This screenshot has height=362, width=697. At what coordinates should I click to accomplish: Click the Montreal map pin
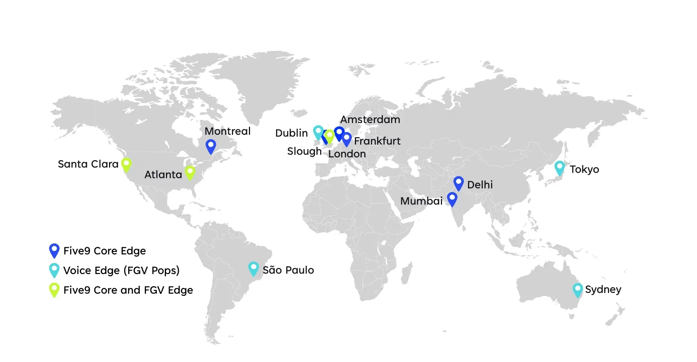pyautogui.click(x=211, y=146)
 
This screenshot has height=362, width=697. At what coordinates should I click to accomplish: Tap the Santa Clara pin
pyautogui.click(x=126, y=165)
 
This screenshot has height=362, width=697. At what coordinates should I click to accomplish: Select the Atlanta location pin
pyautogui.click(x=190, y=172)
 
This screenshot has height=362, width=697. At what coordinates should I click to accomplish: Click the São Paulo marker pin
pyautogui.click(x=253, y=268)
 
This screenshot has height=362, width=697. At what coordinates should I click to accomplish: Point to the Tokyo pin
pyautogui.click(x=560, y=167)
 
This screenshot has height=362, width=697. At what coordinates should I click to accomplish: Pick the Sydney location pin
pyautogui.click(x=577, y=290)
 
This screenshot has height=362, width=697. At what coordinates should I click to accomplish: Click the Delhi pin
pyautogui.click(x=458, y=183)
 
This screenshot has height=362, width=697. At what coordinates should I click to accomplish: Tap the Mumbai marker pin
pyautogui.click(x=452, y=199)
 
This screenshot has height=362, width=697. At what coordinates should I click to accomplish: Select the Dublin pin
pyautogui.click(x=318, y=132)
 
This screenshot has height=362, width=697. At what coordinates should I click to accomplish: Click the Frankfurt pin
pyautogui.click(x=347, y=139)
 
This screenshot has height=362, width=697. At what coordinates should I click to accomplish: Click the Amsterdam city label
pyautogui.click(x=370, y=119)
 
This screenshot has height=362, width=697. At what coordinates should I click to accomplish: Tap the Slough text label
pyautogui.click(x=304, y=151)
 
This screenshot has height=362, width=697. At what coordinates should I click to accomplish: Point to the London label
pyautogui.click(x=347, y=154)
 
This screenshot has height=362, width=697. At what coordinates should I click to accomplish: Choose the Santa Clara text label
pyautogui.click(x=88, y=164)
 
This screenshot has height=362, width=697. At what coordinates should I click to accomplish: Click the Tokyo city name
pyautogui.click(x=584, y=169)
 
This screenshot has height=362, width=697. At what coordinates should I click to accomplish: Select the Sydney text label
pyautogui.click(x=603, y=290)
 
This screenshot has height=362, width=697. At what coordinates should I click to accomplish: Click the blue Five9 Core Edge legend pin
pyautogui.click(x=54, y=250)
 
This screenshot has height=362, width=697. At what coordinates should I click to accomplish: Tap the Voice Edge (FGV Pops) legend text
pyautogui.click(x=121, y=270)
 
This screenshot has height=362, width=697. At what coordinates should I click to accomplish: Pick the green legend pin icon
pyautogui.click(x=54, y=290)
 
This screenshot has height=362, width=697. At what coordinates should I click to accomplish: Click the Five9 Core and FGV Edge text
pyautogui.click(x=128, y=290)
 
